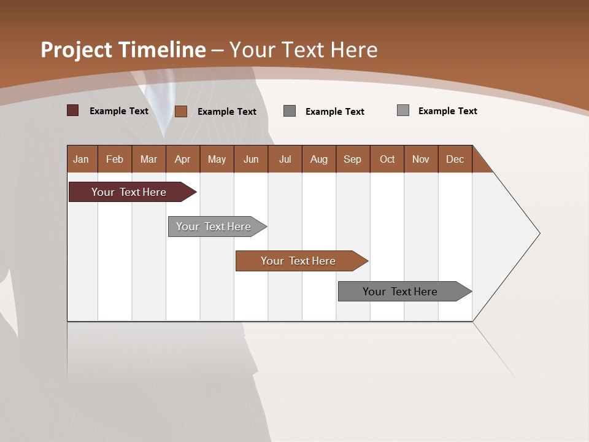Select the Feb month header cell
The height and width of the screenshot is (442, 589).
(115, 159)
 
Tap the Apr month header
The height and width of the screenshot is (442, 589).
(183, 159)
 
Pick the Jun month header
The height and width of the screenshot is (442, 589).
(251, 159)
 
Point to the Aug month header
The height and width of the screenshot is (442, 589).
(319, 159)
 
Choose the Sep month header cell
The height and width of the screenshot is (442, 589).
(353, 159)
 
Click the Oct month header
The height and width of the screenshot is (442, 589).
(387, 159)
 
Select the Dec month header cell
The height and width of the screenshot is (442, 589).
(455, 159)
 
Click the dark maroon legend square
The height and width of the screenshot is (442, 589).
(73, 110)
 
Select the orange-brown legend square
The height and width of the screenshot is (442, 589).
(181, 111)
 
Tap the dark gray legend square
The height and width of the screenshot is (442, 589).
(290, 110)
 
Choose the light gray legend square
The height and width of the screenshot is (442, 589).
(403, 110)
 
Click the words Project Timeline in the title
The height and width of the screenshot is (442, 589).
(123, 50)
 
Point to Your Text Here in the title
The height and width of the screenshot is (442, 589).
(303, 50)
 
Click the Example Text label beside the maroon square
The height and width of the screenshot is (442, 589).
(119, 111)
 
